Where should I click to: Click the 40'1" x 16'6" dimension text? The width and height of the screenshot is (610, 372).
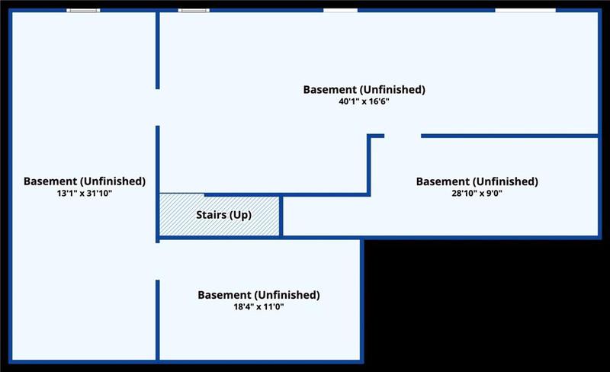coord(364,102)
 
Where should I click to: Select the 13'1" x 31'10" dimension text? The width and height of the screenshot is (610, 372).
coord(85,194)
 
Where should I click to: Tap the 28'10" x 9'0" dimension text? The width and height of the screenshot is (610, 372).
coord(477,194)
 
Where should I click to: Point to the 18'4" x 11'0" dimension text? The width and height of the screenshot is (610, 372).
coord(258,307)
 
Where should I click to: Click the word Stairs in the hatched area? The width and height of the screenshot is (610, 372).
coord(211,215)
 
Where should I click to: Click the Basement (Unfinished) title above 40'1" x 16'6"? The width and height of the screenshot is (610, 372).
coord(364,90)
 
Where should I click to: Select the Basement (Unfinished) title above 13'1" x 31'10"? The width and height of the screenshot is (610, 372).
coord(85,181)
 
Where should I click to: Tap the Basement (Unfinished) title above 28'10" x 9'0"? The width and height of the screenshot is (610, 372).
coord(477,181)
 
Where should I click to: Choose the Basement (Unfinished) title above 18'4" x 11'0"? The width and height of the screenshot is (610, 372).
coord(258,295)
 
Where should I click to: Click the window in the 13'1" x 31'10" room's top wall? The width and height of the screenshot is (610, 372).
coord(83,11)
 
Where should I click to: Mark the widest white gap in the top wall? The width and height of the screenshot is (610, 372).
coord(525,11)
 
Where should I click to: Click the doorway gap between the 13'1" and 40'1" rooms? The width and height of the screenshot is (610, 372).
coord(158,107)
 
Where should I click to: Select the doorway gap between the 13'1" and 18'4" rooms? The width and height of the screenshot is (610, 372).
coord(158,261)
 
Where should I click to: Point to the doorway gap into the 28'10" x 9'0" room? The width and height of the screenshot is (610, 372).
coord(403,136)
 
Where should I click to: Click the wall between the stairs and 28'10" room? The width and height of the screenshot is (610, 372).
coord(281,216)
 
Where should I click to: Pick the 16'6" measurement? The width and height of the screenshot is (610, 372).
coord(378,102)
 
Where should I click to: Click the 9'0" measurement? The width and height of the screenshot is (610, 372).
coord(493,194)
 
